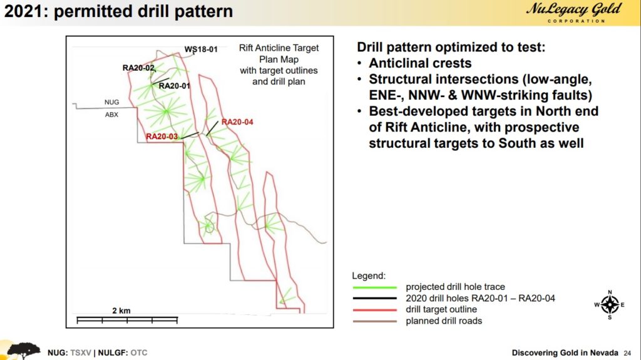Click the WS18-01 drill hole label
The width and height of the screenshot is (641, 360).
pyautogui.click(x=201, y=49)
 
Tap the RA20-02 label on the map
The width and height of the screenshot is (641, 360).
pyautogui.click(x=138, y=68)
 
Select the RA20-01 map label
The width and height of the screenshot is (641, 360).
pyautogui.click(x=175, y=86)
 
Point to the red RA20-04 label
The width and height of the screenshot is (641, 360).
pyautogui.click(x=237, y=122)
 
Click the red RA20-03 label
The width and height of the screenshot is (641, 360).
pyautogui.click(x=162, y=136)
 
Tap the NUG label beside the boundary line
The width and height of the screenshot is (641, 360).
pyautogui.click(x=111, y=102)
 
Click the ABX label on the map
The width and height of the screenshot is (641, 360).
pyautogui.click(x=111, y=115)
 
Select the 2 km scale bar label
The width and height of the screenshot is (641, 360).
pyautogui.click(x=121, y=311)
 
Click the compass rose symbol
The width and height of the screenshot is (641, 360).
pyautogui.click(x=610, y=305)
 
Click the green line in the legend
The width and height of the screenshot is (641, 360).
pyautogui.click(x=375, y=287)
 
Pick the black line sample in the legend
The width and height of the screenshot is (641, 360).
pyautogui.click(x=375, y=298)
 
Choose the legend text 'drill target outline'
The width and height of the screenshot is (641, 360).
pyautogui.click(x=441, y=309)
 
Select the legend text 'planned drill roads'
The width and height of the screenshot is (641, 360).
pyautogui.click(x=444, y=321)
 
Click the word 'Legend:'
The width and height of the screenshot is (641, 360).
pyautogui.click(x=369, y=275)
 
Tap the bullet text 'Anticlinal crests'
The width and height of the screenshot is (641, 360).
pyautogui.click(x=420, y=63)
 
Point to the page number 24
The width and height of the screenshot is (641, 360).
pyautogui.click(x=627, y=353)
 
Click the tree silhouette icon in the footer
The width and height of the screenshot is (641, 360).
pyautogui.click(x=23, y=351)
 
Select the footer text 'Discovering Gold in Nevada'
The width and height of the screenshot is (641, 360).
pyautogui.click(x=565, y=352)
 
